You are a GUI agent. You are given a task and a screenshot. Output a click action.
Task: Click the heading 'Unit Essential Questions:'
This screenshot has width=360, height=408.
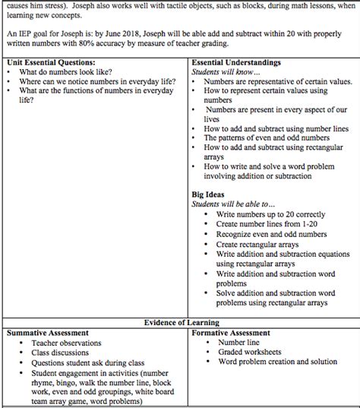tap(51, 61)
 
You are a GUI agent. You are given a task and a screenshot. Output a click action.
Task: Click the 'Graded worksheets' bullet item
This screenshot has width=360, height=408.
tap(248, 353)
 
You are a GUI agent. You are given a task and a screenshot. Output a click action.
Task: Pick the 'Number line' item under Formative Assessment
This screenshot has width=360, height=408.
tap(238, 343)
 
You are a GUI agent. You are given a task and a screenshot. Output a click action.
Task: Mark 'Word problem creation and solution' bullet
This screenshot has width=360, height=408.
tap(277, 362)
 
